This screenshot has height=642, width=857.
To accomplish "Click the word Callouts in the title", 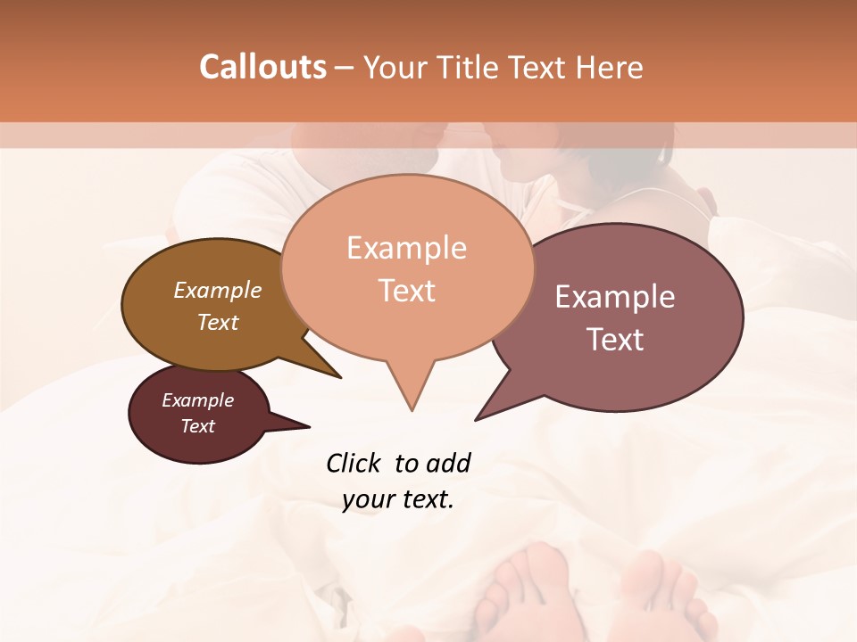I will (262, 67).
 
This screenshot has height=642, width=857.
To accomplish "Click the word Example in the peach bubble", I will (406, 248).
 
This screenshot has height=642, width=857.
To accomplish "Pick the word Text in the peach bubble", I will (406, 291).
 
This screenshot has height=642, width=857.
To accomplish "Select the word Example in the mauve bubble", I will (615, 297).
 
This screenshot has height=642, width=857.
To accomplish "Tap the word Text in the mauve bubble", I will (615, 340).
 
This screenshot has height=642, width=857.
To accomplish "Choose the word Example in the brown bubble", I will (218, 291).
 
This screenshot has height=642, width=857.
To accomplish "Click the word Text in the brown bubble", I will (218, 322).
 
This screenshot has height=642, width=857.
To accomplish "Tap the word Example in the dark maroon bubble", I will (197, 400).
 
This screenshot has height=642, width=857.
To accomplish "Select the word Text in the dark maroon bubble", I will (197, 426).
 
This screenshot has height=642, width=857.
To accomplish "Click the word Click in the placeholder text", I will (354, 463).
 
